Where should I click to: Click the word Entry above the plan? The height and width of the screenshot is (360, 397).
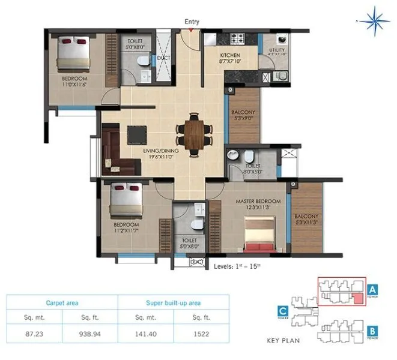pyautogui.click(x=192, y=22)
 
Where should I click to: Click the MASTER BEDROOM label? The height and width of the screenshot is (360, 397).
pyautogui.click(x=258, y=201)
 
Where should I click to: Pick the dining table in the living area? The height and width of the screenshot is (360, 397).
pyautogui.click(x=195, y=133)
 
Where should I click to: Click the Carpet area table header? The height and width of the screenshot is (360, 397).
pyautogui.click(x=62, y=304)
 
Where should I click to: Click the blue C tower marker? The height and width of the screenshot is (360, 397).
pyautogui.click(x=282, y=310)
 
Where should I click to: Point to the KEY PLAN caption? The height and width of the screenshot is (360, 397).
pyautogui.click(x=282, y=341)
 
